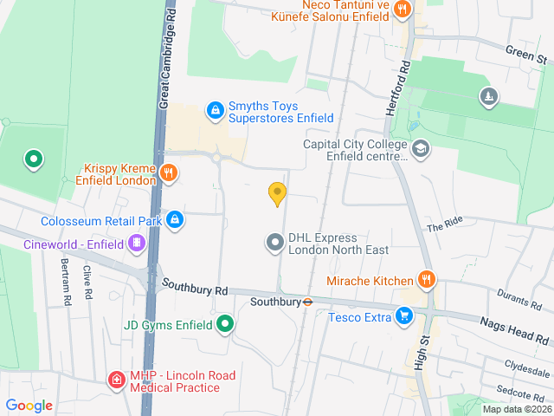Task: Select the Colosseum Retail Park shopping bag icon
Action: coord(176,219)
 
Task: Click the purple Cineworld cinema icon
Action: coord(136,244)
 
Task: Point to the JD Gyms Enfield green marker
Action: coord(225,325)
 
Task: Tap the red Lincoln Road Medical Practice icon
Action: coord(116,380)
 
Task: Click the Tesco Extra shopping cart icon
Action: coord(403,316)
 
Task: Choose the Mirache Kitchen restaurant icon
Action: coord(426,280)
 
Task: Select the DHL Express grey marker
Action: coord(275,242)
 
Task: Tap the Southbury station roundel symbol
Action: coord(307,302)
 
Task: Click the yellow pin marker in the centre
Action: coord(277,193)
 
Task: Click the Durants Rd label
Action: coord(519,300)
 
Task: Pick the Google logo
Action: coord(29,405)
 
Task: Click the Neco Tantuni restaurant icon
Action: coord(402,10)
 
